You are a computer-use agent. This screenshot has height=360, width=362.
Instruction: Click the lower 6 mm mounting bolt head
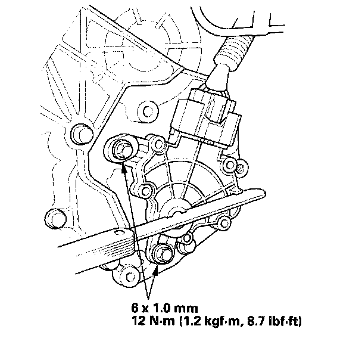pyautogui.click(x=161, y=253)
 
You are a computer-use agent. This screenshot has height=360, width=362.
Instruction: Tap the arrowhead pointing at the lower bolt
pyautogui.click(x=157, y=271)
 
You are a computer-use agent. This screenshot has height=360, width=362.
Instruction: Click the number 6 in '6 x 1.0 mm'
pyautogui.click(x=135, y=308)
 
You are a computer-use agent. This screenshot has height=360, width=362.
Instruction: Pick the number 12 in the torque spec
pyautogui.click(x=139, y=321)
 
